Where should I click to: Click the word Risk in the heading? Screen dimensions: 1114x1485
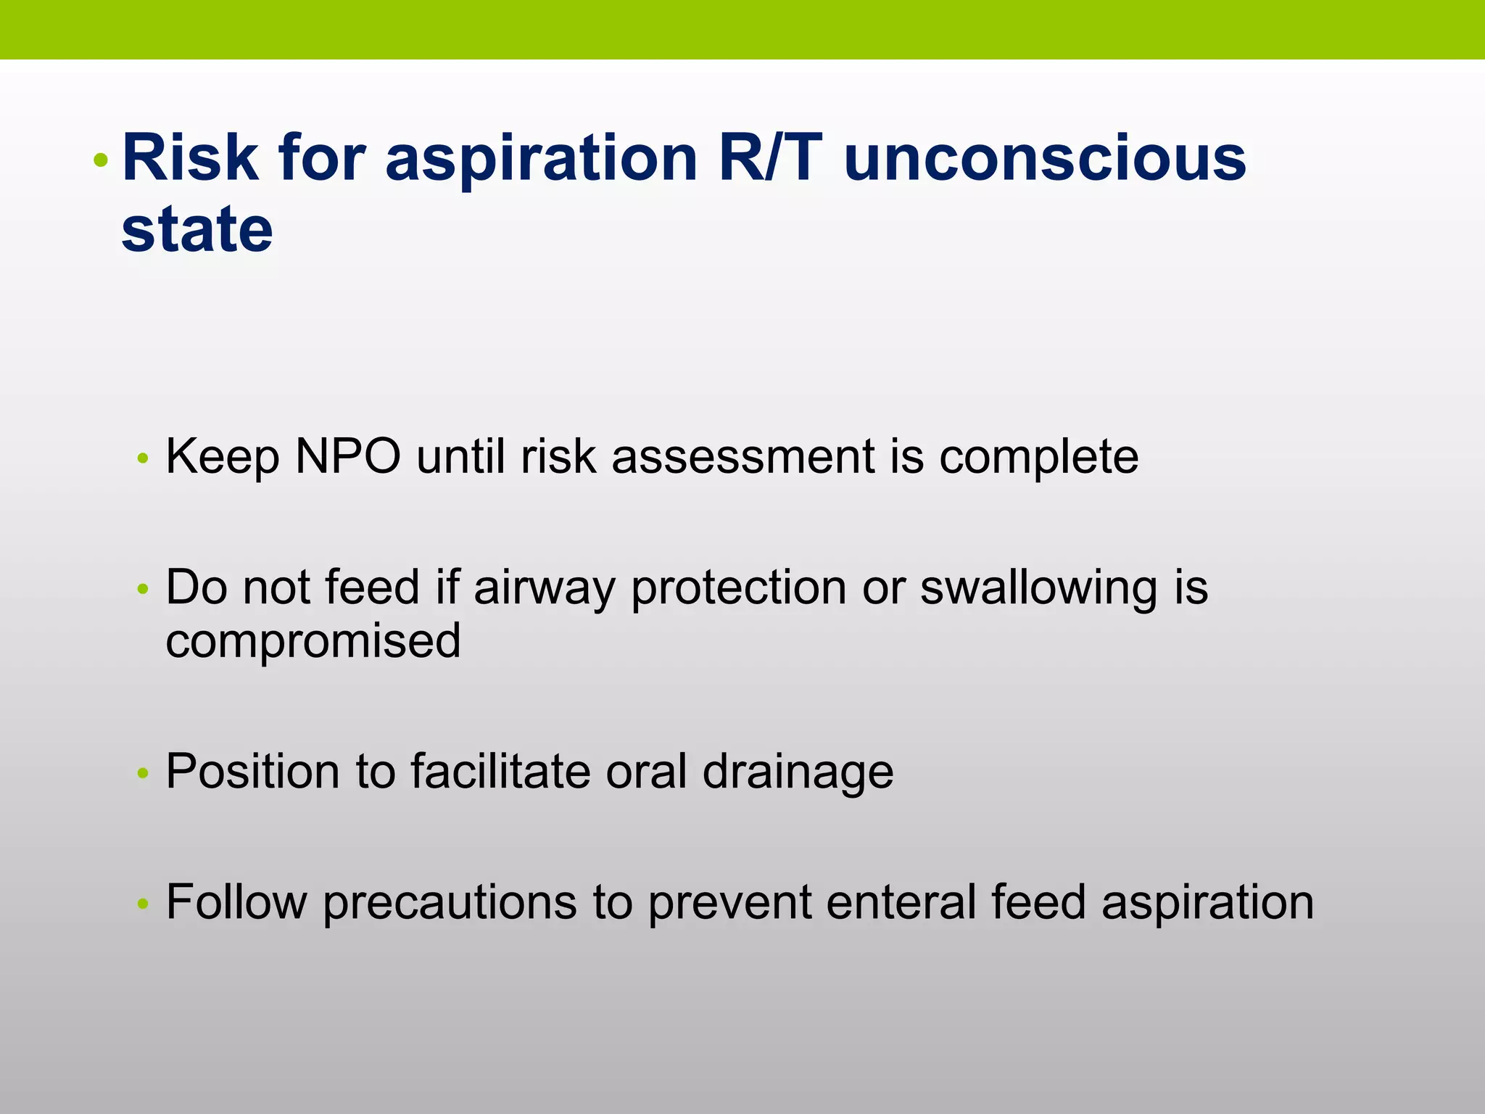pyautogui.click(x=190, y=157)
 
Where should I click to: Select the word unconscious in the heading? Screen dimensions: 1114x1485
pyautogui.click(x=1045, y=157)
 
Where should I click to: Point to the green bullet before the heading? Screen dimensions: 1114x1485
pyautogui.click(x=102, y=160)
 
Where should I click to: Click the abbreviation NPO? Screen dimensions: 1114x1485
pyautogui.click(x=348, y=457)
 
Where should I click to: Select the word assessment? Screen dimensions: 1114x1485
pyautogui.click(x=743, y=457)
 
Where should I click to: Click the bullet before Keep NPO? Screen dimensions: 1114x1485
pyautogui.click(x=143, y=458)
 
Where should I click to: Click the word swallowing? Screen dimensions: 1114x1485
pyautogui.click(x=1038, y=587)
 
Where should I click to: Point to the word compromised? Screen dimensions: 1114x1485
pyautogui.click(x=313, y=641)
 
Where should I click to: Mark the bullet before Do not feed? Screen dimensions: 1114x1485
pyautogui.click(x=143, y=589)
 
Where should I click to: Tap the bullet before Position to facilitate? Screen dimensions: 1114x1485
pyautogui.click(x=143, y=773)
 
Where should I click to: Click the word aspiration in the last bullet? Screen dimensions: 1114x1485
pyautogui.click(x=1207, y=903)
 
